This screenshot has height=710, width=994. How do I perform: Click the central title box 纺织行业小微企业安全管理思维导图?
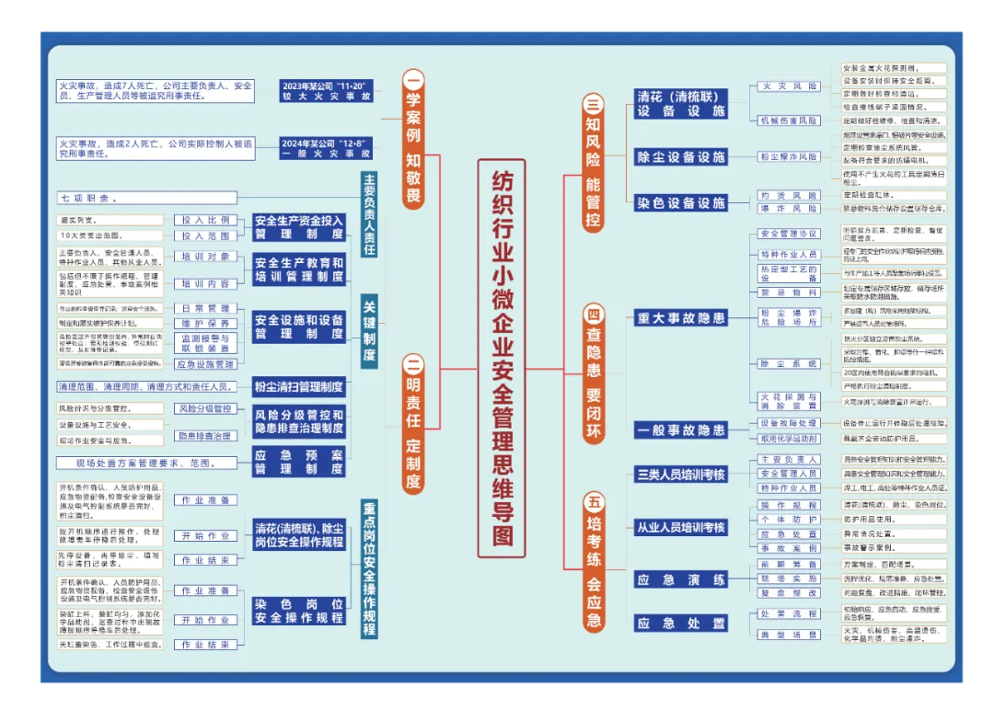pos(502,358)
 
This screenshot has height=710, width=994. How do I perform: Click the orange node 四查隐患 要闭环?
pos(594,373)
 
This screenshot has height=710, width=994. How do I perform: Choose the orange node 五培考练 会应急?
pos(594,560)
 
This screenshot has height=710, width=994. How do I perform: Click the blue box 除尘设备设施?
pos(681,157)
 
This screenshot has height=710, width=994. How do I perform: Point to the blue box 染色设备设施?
pos(681,203)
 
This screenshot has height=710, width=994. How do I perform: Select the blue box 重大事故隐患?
pos(681,318)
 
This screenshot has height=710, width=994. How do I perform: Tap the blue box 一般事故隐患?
pos(681,430)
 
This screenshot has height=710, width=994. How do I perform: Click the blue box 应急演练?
pos(681,580)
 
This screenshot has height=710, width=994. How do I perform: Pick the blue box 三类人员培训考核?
pos(681,475)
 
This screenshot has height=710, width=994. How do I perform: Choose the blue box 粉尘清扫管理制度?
pos(299,387)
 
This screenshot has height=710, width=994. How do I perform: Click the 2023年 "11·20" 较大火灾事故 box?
pos(328,89)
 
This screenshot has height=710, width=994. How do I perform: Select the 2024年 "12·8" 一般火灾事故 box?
pos(328,148)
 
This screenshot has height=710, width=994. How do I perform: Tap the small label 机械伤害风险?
pos(788,120)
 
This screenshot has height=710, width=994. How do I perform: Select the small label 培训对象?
pos(205,257)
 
